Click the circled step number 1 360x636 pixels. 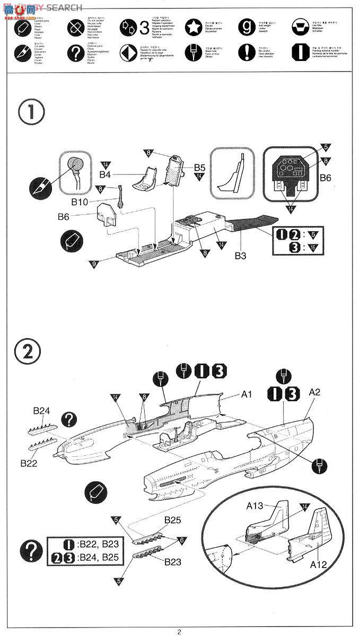click(x=31, y=112)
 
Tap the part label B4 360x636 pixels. click(x=106, y=174)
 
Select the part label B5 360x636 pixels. click(x=199, y=166)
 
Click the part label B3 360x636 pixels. click(x=240, y=255)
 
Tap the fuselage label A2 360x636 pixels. click(x=314, y=393)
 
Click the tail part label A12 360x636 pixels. click(x=318, y=565)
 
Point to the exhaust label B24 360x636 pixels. click(x=41, y=411)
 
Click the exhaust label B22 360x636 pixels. click(x=29, y=463)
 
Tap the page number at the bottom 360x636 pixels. click(x=179, y=631)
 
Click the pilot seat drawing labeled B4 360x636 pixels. click(x=144, y=178)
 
